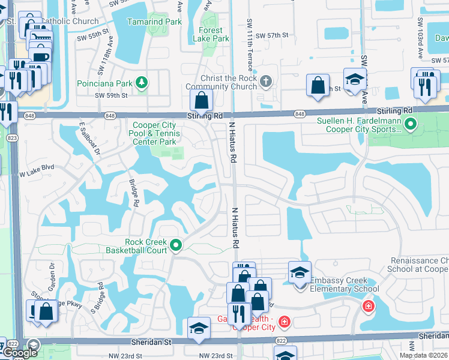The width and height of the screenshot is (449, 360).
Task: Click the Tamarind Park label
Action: point(154,22)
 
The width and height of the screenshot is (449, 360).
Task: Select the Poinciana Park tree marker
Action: point(142,82)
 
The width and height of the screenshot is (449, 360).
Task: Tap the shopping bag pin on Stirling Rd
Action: point(202,101)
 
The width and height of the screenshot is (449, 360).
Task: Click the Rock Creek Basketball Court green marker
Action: point(176,245)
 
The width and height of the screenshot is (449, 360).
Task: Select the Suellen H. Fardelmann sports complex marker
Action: point(411,125)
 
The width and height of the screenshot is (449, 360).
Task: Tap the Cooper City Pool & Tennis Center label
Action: point(154,134)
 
